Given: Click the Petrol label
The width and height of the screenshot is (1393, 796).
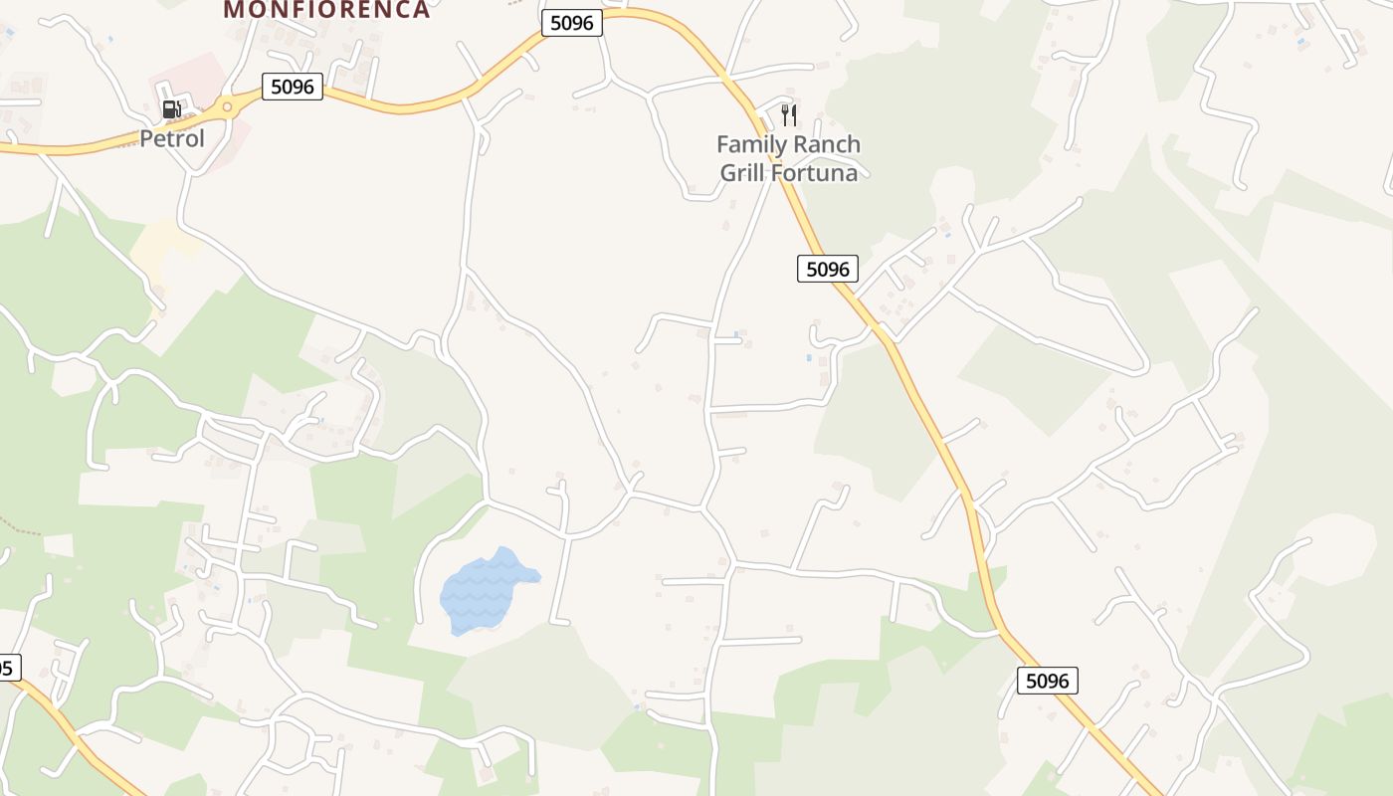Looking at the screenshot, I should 171,138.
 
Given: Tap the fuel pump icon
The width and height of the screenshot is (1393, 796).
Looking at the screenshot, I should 171,109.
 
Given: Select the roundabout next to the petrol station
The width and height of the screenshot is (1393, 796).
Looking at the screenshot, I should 227,106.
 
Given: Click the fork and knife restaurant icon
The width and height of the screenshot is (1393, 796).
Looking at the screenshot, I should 789,115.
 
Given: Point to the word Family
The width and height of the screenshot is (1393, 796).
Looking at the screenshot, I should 750,145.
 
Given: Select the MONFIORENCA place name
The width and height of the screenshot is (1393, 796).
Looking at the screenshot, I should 326,10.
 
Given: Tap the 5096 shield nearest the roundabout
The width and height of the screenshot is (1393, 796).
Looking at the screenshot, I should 293,87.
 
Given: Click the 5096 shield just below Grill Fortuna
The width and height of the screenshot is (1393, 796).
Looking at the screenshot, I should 827,269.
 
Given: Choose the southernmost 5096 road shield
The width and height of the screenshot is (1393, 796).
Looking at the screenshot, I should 1048,681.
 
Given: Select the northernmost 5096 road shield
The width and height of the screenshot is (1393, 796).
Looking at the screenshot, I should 572,23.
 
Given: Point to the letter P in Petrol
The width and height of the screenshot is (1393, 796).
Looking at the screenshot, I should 145,138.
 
